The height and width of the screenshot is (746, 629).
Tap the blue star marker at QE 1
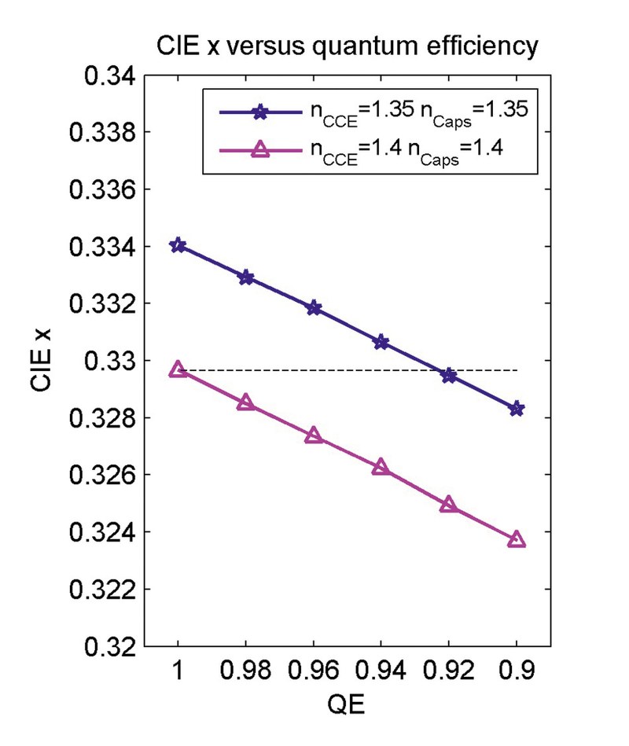(x=178, y=245)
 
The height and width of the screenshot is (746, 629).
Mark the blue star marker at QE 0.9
(x=517, y=409)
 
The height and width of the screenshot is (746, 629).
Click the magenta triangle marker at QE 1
(x=178, y=369)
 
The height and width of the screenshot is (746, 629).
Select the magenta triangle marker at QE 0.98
(x=245, y=402)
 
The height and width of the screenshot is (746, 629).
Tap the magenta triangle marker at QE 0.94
(x=381, y=467)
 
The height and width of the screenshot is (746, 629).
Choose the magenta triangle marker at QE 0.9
(x=517, y=539)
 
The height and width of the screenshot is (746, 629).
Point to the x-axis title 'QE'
(x=347, y=705)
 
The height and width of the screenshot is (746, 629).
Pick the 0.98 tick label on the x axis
(x=245, y=671)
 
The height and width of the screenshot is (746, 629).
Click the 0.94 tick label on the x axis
(x=381, y=671)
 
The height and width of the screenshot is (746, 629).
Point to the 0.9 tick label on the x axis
(x=517, y=671)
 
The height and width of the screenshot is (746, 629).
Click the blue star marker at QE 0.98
(x=245, y=277)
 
